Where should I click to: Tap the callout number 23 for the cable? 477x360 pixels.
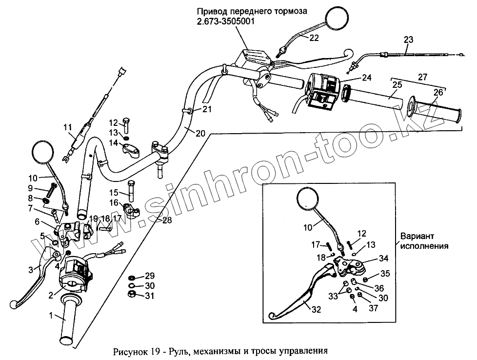click(409, 40)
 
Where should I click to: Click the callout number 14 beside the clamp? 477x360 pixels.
click(113, 143)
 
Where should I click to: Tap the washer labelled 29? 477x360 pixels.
click(132, 277)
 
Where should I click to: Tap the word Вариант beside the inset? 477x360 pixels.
click(414, 236)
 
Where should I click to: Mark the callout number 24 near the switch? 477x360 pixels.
click(366, 78)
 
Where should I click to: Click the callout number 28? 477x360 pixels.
click(167, 221)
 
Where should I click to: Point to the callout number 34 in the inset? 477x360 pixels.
click(384, 259)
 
